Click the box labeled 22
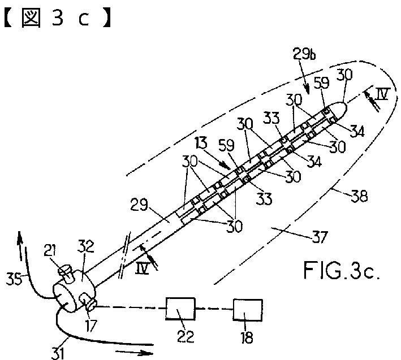click(x=180, y=309)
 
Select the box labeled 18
click(x=247, y=309)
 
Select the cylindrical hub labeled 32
click(x=76, y=288)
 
